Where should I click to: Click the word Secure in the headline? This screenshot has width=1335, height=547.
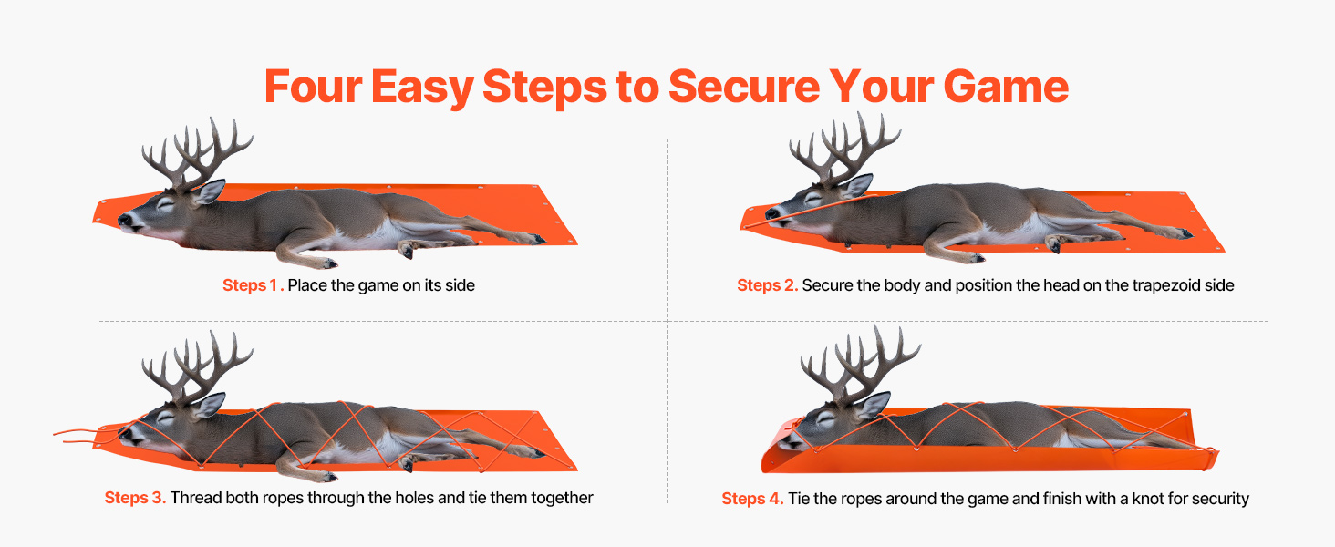point(744,87)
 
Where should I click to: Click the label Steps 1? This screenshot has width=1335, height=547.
point(253,285)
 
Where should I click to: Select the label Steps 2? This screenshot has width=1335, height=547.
point(767,285)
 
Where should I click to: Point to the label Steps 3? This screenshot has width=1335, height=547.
point(135,498)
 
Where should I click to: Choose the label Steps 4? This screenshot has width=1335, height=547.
point(752,498)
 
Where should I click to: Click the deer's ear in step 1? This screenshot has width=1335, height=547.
point(210,191)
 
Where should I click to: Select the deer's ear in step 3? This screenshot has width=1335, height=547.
point(210,404)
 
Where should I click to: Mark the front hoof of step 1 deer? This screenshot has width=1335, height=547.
point(328,263)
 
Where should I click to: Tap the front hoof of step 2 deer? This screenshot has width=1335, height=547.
point(977,258)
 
